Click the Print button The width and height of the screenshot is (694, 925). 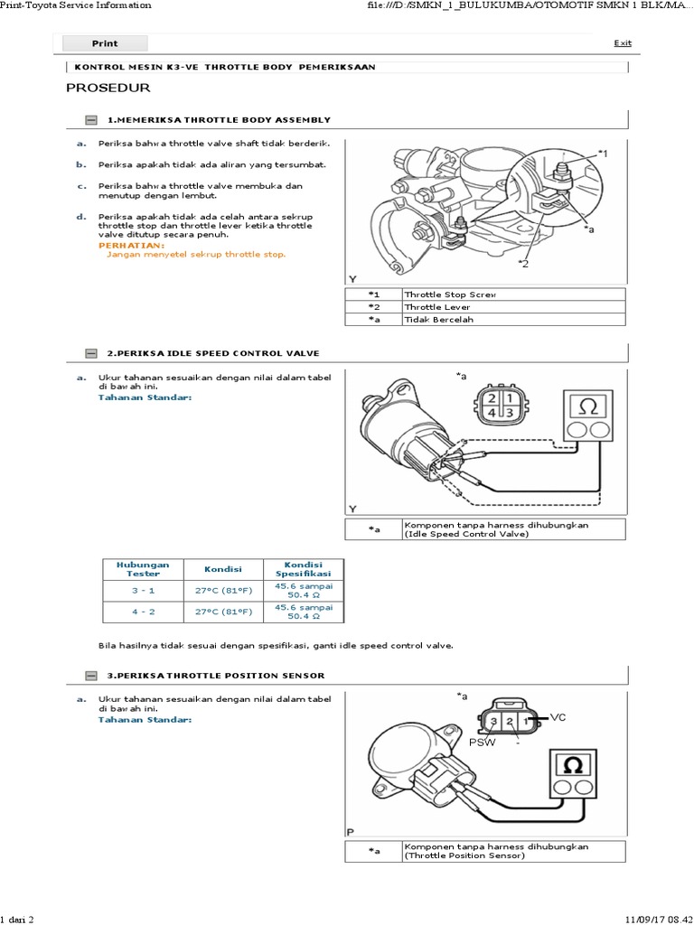pyautogui.click(x=104, y=43)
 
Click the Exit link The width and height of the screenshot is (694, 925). pyautogui.click(x=623, y=42)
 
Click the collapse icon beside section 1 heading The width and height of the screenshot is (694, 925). pyautogui.click(x=91, y=120)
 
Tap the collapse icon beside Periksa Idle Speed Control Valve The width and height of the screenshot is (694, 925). pyautogui.click(x=91, y=352)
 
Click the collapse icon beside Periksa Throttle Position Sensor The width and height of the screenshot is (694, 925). pyautogui.click(x=91, y=676)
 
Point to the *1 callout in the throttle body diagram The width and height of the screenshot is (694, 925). pyautogui.click(x=603, y=154)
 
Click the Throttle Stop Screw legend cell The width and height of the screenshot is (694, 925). pyautogui.click(x=512, y=294)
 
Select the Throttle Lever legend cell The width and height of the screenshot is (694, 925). pyautogui.click(x=512, y=307)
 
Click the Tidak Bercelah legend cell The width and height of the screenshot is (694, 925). pyautogui.click(x=512, y=320)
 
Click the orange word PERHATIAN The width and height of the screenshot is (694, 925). pyautogui.click(x=131, y=246)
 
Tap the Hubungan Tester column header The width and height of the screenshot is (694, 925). pyautogui.click(x=143, y=569)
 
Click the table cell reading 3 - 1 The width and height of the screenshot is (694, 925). pyautogui.click(x=143, y=591)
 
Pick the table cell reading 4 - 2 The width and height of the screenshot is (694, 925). pyautogui.click(x=143, y=612)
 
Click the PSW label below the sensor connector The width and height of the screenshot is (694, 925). pyautogui.click(x=479, y=742)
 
